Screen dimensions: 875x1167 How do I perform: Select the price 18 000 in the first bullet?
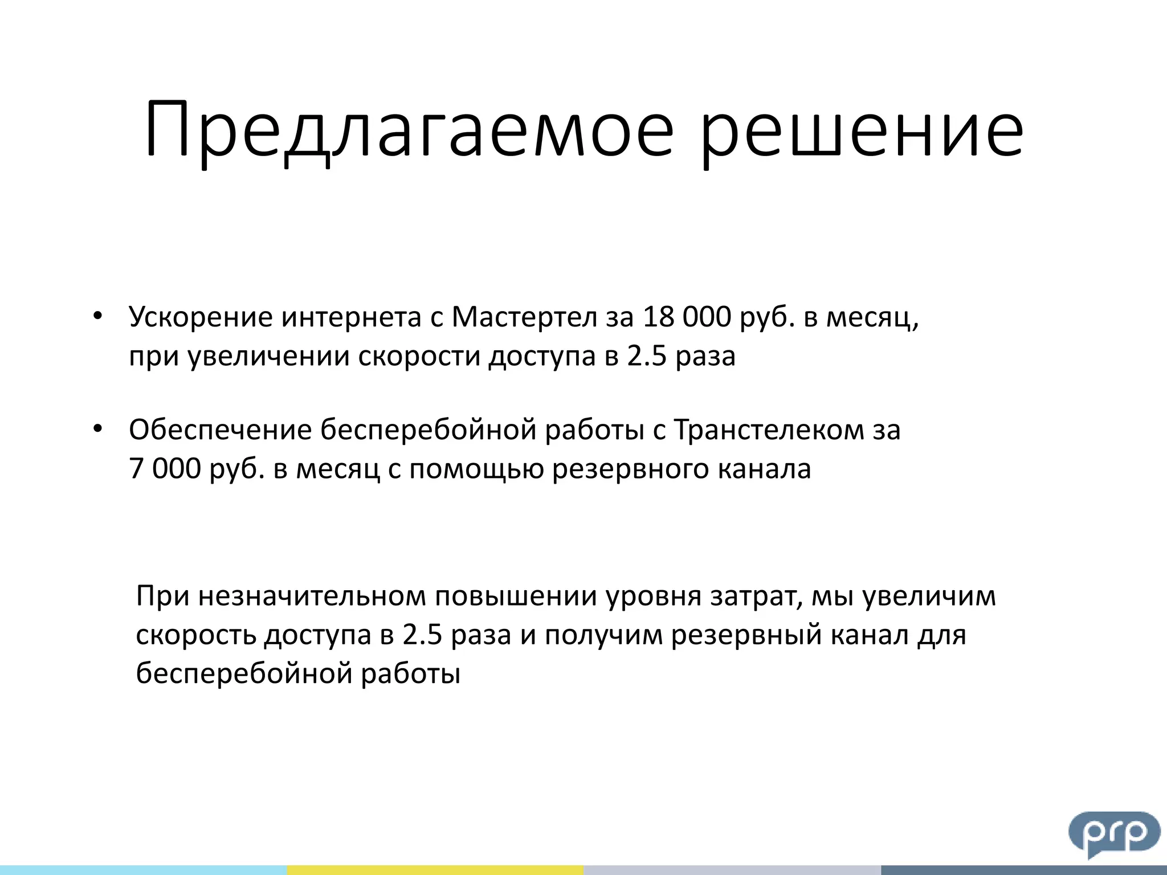(x=687, y=317)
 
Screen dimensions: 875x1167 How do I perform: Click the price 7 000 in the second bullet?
(x=165, y=468)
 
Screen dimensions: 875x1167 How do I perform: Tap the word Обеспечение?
(x=220, y=430)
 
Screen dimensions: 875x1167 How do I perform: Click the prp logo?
(x=1113, y=833)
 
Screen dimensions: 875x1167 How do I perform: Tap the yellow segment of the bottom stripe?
(x=435, y=870)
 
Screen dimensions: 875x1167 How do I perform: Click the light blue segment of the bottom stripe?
(x=143, y=870)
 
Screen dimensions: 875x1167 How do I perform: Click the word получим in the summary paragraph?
(x=603, y=635)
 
